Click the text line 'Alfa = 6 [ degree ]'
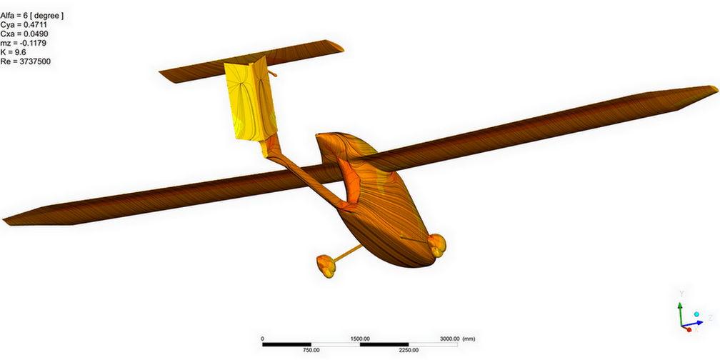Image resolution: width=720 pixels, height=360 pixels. pos(31,16)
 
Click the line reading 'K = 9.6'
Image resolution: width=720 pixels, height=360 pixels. pos(13,52)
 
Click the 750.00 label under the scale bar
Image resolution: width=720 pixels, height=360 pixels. pos(311,350)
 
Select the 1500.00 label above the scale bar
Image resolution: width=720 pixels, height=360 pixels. pos(360,339)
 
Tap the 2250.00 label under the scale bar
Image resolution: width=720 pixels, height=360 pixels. pos(409,350)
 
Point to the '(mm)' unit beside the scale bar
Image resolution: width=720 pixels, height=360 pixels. pos(469,339)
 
